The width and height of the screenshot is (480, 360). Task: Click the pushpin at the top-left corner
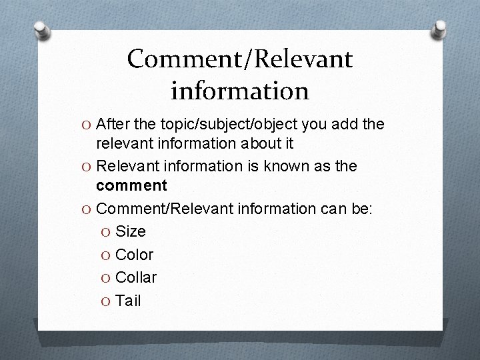point(42,30)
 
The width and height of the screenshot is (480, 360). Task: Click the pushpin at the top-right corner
point(439,29)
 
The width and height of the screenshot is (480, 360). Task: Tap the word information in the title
point(240,91)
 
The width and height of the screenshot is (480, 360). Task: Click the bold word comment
point(131,185)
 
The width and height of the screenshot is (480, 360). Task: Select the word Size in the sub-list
point(131,231)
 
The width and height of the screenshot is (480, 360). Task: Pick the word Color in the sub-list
point(134,255)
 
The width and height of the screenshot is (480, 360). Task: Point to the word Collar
point(136,277)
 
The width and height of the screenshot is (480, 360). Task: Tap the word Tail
point(128,301)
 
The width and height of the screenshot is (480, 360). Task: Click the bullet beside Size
point(105,233)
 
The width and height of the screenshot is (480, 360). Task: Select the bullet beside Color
point(105,255)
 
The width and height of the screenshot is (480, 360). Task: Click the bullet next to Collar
point(105,278)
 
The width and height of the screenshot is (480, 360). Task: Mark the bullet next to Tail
point(105,301)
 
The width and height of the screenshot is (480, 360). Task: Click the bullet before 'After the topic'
point(86,125)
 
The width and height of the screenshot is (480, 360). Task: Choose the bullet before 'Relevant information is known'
point(86,167)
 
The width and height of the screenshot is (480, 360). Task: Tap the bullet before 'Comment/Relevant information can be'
point(86,210)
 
